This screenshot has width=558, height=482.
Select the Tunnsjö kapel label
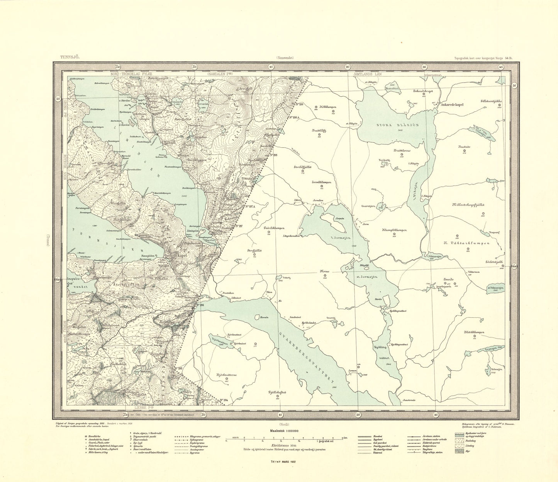177,255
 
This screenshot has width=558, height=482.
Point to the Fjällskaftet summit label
277,392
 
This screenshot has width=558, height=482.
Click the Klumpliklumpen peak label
394,230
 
